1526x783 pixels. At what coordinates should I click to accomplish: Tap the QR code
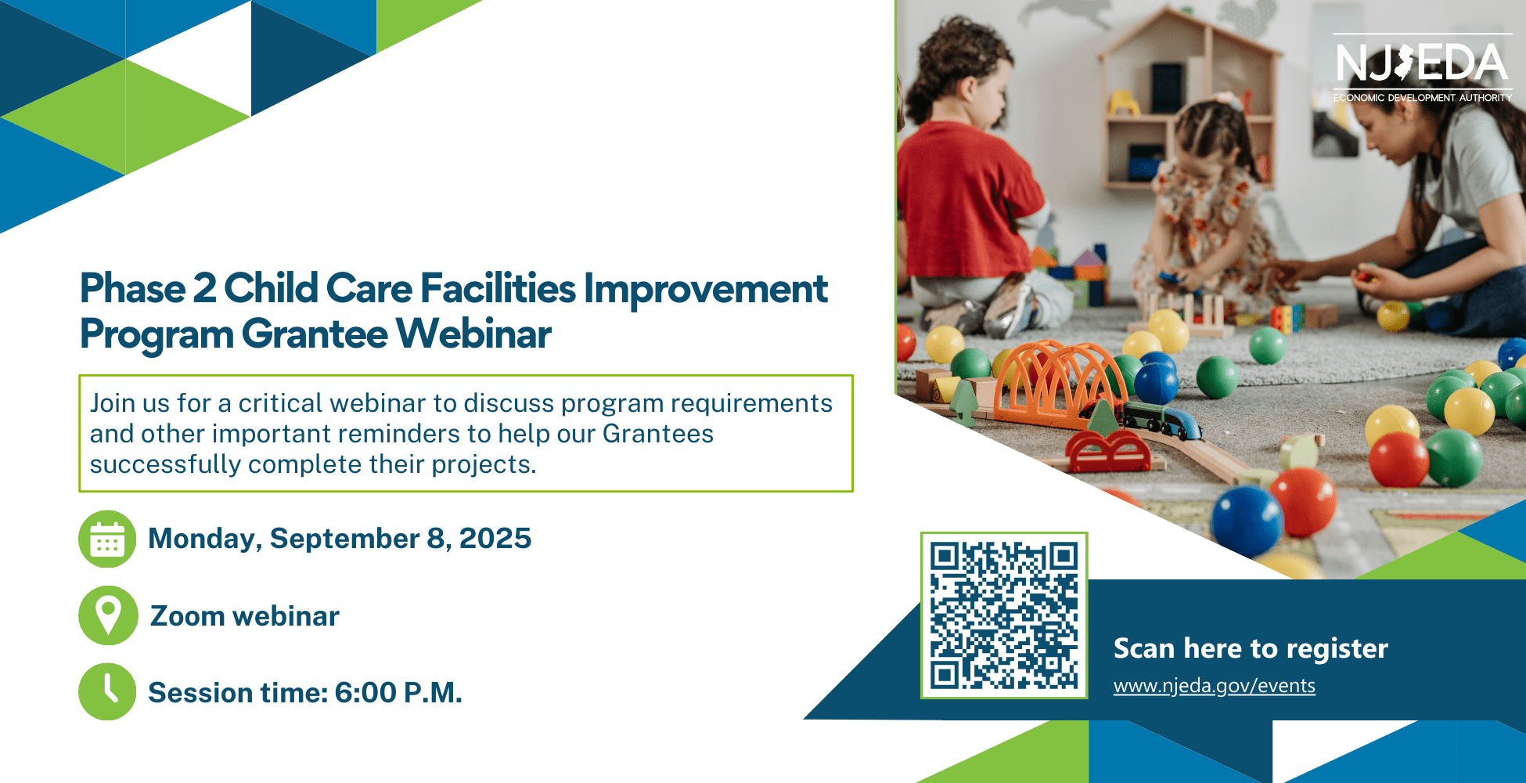[1004, 615]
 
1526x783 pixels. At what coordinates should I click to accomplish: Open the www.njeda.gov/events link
[1214, 686]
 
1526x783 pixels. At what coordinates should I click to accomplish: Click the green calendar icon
[107, 539]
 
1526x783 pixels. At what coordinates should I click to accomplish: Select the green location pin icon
[108, 615]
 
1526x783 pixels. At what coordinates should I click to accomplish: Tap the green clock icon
[107, 692]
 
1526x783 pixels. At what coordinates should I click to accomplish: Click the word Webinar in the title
[473, 334]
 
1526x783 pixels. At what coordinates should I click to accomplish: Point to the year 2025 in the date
[495, 539]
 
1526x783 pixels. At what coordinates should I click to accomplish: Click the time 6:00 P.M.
[398, 693]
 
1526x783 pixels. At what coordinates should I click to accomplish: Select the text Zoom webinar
[245, 616]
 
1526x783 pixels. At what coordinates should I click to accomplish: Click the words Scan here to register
[1251, 649]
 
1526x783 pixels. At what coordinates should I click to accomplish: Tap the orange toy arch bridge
[1060, 383]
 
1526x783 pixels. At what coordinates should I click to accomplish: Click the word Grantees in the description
[658, 434]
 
